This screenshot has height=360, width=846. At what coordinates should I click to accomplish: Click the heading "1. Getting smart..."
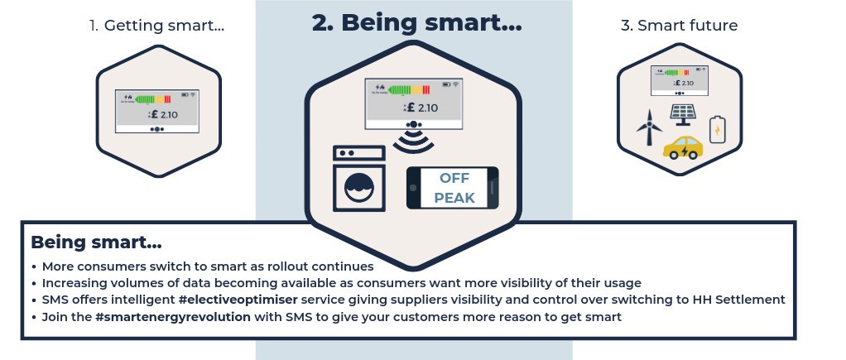coord(156,26)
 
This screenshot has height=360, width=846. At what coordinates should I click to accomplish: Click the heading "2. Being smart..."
coord(416,23)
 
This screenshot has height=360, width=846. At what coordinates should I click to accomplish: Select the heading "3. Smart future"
coord(679,26)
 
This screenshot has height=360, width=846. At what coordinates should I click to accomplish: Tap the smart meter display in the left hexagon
coord(157,111)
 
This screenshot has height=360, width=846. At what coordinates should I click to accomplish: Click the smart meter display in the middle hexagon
coord(414,103)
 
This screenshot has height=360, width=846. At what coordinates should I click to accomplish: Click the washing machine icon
coord(359,179)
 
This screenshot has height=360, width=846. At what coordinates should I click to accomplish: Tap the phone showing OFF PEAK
coord(452,188)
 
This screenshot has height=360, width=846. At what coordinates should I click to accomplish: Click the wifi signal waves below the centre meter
coord(414,141)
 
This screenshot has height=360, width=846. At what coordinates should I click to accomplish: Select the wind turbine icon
coord(649,127)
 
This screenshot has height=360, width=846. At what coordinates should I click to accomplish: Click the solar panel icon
coord(684,115)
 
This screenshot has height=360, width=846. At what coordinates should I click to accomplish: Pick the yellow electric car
coord(683,147)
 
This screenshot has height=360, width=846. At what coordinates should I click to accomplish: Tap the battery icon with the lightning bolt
coord(718,129)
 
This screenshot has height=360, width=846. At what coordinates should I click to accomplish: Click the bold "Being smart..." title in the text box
coord(96,242)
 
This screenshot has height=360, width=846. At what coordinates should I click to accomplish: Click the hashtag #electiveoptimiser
coord(239,300)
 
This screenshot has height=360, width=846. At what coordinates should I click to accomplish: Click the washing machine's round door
coord(359,187)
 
